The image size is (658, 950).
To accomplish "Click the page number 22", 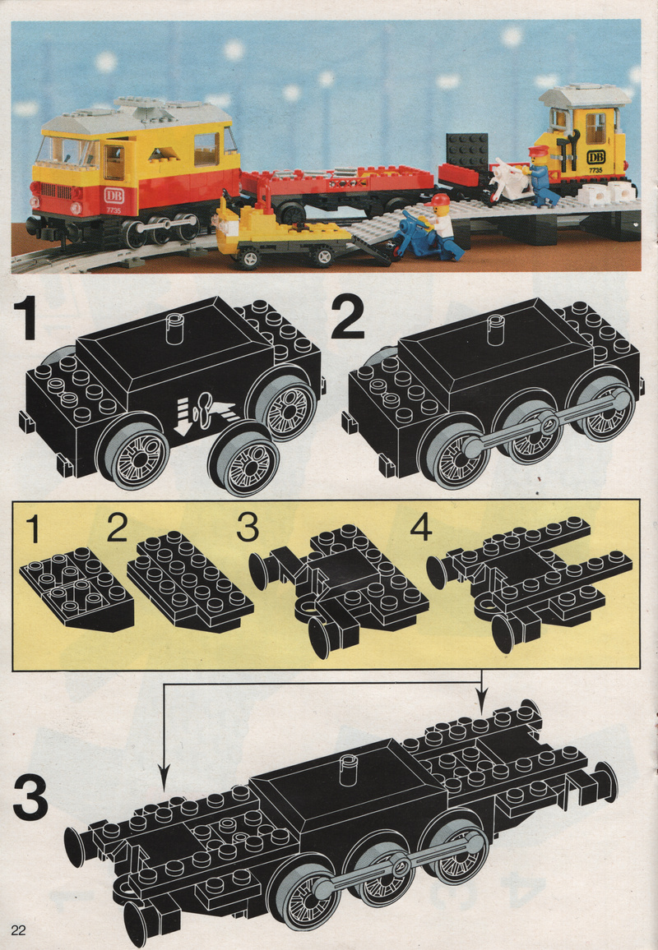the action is tap(18, 930).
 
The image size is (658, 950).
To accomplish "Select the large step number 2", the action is tap(347, 320).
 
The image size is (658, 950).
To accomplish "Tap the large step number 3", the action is tap(30, 799).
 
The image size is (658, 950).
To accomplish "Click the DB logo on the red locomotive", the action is tap(114, 196).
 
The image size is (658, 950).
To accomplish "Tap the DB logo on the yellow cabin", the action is tap(595, 157).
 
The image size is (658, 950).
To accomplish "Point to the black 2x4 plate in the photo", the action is tap(467, 150).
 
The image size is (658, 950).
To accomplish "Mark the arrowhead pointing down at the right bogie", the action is tap(481, 702).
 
